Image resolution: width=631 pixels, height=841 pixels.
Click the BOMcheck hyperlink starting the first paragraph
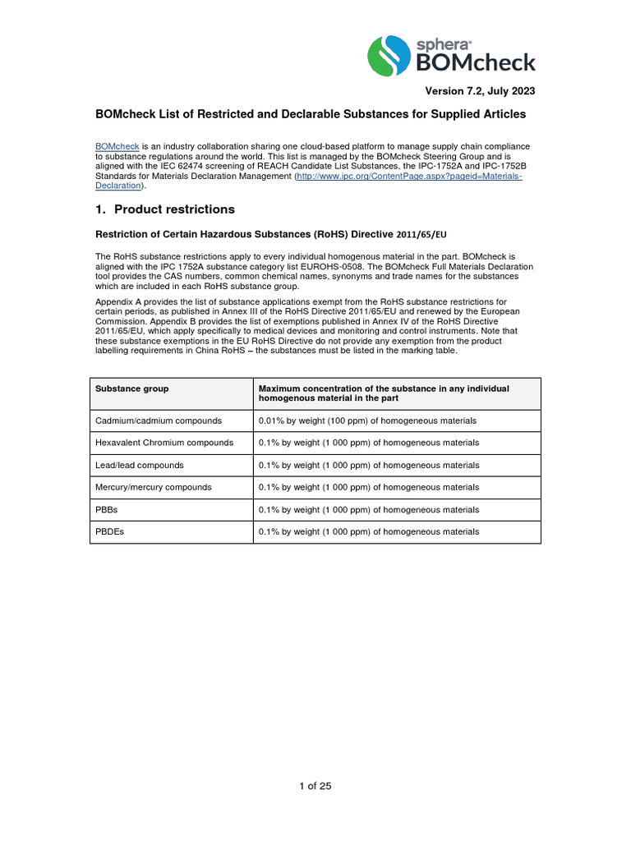(117, 146)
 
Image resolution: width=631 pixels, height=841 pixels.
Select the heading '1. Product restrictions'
(165, 209)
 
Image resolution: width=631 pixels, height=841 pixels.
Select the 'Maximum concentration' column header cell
(384, 393)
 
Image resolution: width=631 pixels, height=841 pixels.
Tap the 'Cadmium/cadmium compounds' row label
(159, 420)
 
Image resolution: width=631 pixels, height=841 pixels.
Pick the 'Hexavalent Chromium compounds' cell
(164, 443)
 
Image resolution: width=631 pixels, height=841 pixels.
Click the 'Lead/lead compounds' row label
(140, 465)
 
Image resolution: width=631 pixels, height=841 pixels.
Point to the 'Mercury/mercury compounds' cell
(154, 487)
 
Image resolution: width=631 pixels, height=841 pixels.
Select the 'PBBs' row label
(107, 509)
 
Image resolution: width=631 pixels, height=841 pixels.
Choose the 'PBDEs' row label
(109, 531)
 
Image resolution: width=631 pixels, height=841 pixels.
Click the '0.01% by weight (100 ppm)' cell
(367, 420)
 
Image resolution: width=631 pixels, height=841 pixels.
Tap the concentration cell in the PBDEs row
(369, 531)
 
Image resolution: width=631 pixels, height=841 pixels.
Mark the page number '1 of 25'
(315, 786)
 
